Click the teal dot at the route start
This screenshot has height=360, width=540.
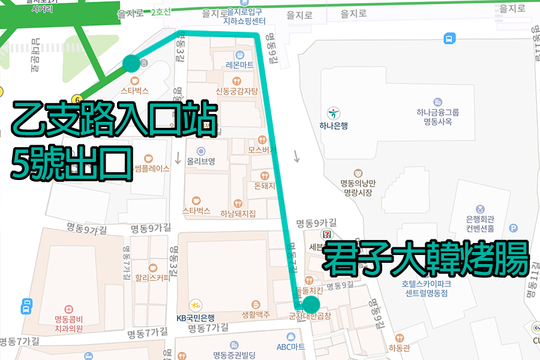click(131, 63)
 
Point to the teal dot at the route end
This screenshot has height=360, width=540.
click(311, 304)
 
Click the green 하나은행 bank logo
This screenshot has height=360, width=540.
click(334, 113)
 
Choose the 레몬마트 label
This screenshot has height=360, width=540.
click(239, 65)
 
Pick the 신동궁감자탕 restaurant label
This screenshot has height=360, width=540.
click(237, 91)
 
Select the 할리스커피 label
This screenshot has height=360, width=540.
click(153, 277)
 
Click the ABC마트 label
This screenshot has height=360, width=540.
click(291, 347)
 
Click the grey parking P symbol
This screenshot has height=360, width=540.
click(513, 228)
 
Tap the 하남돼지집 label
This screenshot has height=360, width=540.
click(238, 214)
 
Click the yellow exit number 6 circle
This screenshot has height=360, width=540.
click(77, 99)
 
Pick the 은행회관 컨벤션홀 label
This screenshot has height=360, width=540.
click(480, 223)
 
